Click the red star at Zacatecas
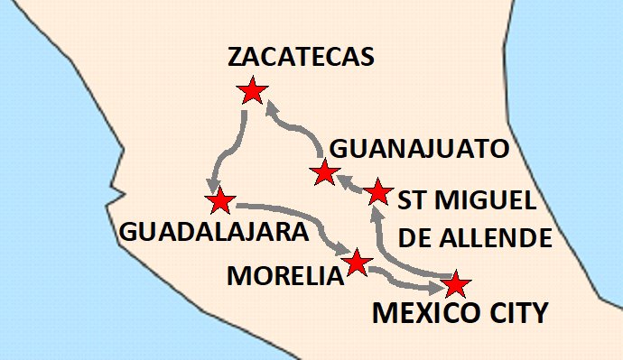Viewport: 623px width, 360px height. point(251,90)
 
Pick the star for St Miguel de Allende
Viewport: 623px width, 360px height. point(378,191)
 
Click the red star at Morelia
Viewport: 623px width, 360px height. point(357,262)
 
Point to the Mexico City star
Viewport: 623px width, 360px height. point(455,284)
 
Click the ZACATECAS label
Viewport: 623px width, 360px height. point(301,57)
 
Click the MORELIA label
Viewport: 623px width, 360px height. point(285,275)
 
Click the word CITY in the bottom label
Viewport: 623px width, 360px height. point(517,315)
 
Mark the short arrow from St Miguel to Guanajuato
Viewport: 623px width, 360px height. point(352,183)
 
